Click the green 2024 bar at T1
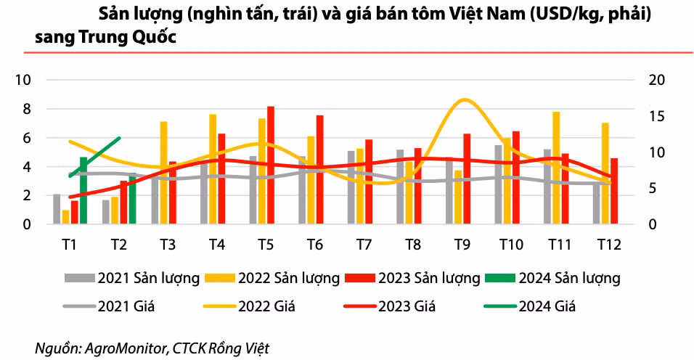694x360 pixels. [83, 191]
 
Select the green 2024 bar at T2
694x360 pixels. [132, 200]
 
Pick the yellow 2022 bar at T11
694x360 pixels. [556, 168]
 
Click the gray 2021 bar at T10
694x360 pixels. [499, 185]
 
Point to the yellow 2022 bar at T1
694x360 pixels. [66, 217]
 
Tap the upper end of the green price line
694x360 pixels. [119, 138]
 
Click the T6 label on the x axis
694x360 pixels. [314, 245]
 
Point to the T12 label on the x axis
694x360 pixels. [608, 245]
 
